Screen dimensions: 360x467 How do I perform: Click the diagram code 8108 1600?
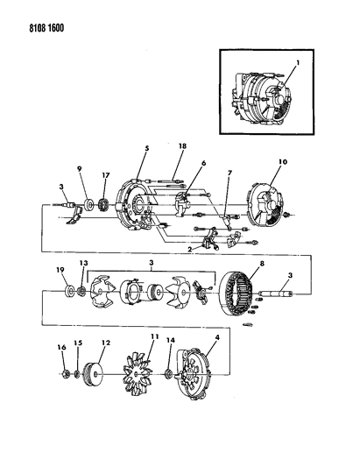coord(46,28)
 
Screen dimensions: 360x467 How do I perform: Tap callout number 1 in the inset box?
coord(298,62)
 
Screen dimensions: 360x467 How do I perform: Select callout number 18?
coord(182,146)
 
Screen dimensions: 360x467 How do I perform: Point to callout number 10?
coord(283,162)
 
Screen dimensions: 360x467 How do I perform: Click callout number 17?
coord(106,175)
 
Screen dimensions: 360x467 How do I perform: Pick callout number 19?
coord(60,270)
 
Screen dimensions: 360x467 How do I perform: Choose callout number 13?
coord(84,263)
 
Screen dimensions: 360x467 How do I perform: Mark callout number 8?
coord(262,263)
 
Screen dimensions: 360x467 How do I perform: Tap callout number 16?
coord(61,347)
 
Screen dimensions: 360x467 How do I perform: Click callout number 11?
coord(154,336)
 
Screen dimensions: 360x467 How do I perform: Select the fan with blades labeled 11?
coord(137,374)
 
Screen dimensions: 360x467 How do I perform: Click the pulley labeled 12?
coord(92,374)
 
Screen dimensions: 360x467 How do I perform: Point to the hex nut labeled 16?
coord(67,374)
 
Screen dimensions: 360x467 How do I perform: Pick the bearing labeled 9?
coord(88,206)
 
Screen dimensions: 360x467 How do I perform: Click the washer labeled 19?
coord(71,290)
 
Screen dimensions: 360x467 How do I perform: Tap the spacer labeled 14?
coord(168,374)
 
